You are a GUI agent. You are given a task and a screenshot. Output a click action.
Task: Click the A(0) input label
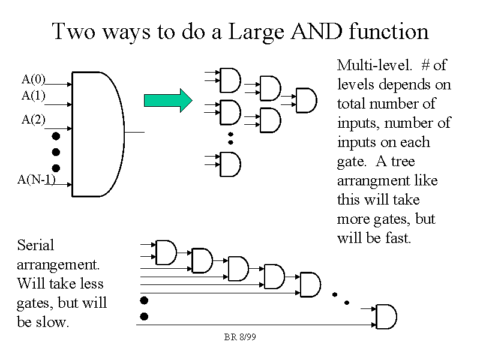[x=34, y=79]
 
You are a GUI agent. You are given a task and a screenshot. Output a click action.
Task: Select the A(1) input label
[x=34, y=95]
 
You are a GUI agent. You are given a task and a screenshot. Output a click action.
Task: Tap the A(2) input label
[x=34, y=119]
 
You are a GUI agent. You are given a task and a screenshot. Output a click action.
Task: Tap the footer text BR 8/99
[x=240, y=337]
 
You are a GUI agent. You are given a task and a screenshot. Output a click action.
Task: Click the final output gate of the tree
[x=306, y=100]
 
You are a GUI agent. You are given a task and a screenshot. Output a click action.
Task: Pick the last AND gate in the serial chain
[x=386, y=316]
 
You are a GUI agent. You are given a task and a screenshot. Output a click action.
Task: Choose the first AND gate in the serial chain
[x=166, y=253]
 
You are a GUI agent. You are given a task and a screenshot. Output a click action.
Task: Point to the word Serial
[x=36, y=245]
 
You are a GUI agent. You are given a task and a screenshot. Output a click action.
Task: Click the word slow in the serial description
[x=53, y=322]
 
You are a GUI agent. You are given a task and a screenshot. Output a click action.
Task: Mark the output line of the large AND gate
[x=134, y=132]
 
